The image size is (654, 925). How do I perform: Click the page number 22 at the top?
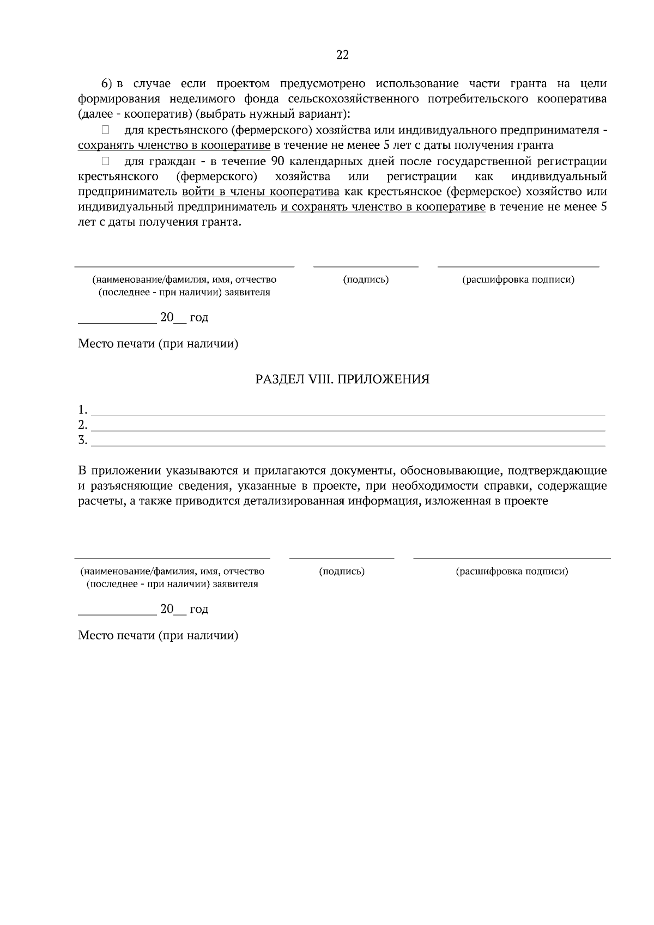342,54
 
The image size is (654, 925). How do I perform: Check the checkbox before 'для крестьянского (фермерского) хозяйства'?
105,130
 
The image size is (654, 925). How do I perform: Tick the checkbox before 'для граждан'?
105,161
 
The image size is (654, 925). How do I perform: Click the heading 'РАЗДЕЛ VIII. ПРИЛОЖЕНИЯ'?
342,379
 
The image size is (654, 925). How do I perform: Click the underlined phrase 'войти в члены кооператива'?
261,192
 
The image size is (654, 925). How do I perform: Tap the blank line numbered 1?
348,413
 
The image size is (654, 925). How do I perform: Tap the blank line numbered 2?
348,428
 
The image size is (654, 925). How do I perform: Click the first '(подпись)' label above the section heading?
366,280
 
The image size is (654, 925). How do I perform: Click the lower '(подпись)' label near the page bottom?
342,571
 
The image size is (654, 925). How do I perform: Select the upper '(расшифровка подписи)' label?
518,280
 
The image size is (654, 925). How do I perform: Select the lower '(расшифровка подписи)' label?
512,571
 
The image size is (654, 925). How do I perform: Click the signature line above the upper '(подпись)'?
366,266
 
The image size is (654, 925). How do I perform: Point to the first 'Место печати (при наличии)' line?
158,344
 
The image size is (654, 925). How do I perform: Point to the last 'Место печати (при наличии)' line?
158,636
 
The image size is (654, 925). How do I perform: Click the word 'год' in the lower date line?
199,610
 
